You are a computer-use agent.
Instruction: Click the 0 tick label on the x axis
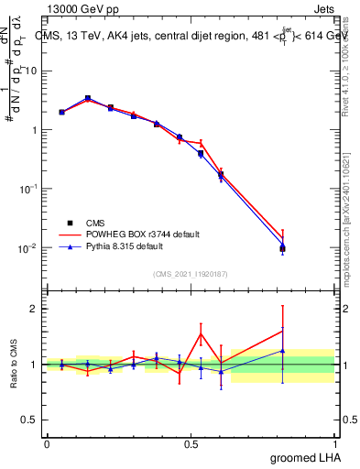click(x=47, y=443)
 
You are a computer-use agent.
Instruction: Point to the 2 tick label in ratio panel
click(x=35, y=309)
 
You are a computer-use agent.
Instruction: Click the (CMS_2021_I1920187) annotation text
click(x=190, y=274)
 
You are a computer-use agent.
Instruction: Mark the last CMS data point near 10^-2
click(x=282, y=248)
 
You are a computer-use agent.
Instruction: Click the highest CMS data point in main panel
click(x=87, y=98)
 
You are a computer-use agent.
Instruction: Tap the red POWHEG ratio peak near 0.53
click(x=201, y=333)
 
